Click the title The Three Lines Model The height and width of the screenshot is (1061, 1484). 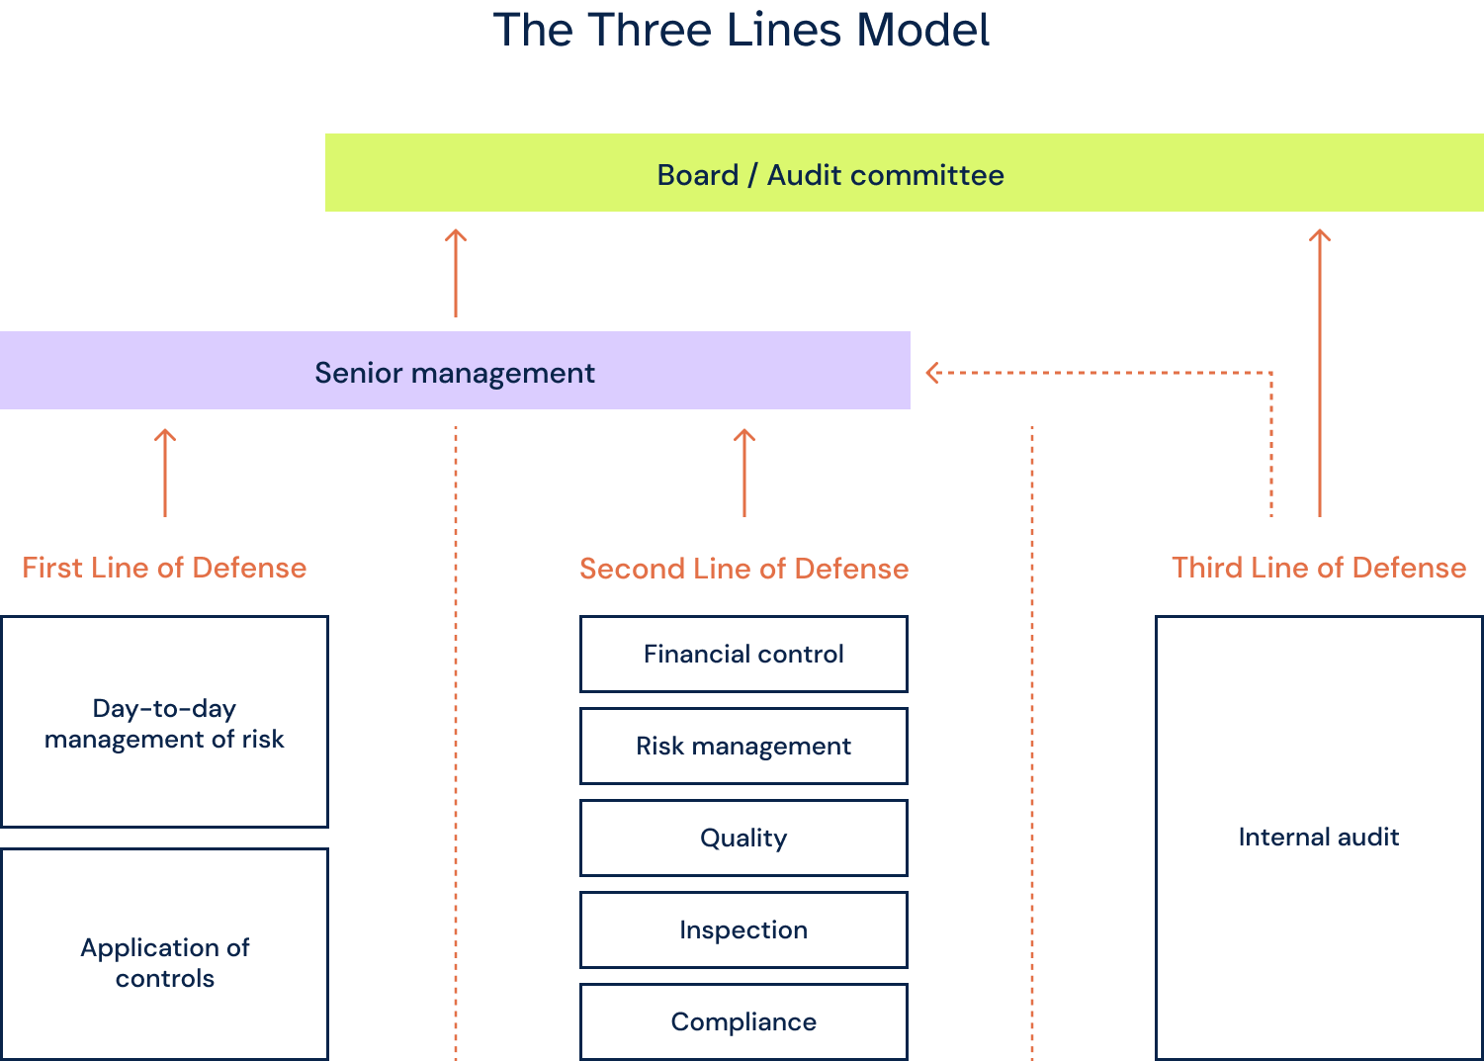click(x=742, y=30)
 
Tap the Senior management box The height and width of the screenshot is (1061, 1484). click(x=454, y=372)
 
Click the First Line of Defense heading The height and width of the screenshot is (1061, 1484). click(x=164, y=568)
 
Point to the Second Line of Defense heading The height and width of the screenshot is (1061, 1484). click(x=743, y=569)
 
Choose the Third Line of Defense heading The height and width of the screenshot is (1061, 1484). click(x=1318, y=568)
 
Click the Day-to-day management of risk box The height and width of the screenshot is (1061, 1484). click(x=164, y=723)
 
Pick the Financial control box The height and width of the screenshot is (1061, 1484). click(x=743, y=654)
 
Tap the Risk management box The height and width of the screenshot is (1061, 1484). click(x=743, y=746)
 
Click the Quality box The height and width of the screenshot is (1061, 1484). click(x=743, y=838)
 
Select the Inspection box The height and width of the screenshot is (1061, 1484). click(x=743, y=929)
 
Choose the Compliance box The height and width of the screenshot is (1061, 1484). click(x=743, y=1021)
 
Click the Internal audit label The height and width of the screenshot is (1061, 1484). click(x=1318, y=837)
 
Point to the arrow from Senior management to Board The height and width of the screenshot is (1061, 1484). click(x=455, y=273)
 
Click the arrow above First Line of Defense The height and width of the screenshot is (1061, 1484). click(x=165, y=473)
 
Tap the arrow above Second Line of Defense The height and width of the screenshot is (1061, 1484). click(x=744, y=473)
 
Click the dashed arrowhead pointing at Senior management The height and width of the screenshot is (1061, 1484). click(x=932, y=373)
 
